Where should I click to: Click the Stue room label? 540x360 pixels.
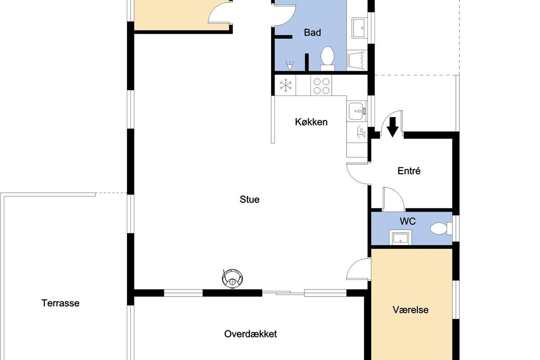click(249, 200)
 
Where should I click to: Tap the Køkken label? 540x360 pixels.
click(311, 122)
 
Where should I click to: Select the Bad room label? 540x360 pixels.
click(312, 32)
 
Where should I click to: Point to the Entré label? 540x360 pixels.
click(409, 171)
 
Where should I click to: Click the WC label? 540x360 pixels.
click(408, 221)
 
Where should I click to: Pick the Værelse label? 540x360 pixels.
click(410, 310)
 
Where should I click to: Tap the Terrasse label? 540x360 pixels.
click(60, 303)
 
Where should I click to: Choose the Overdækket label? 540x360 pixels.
click(251, 334)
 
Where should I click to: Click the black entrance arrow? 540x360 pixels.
click(393, 127)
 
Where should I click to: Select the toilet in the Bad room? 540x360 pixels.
click(328, 58)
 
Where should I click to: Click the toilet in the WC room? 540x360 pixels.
click(441, 228)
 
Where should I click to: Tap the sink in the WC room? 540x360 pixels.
click(400, 237)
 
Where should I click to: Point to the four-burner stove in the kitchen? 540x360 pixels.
click(321, 85)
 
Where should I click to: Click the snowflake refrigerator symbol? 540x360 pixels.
click(285, 85)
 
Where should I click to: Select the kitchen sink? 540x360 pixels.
click(357, 111)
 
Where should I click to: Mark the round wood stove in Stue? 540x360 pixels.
click(232, 279)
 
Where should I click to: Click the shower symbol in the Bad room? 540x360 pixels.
click(289, 66)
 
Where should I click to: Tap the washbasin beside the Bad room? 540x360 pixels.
click(359, 28)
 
